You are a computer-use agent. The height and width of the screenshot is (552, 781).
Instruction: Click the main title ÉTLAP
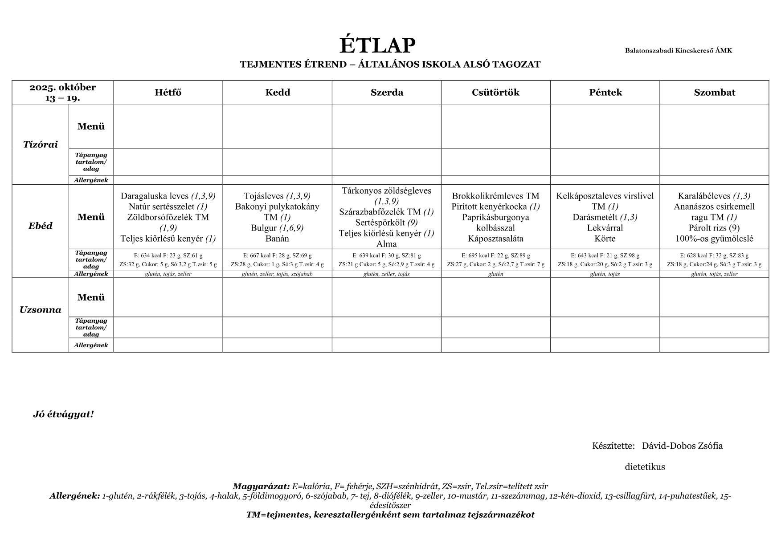click(x=377, y=45)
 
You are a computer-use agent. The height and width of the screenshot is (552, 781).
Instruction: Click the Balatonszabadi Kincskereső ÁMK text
click(x=678, y=50)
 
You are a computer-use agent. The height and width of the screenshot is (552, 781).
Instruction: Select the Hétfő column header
click(x=168, y=93)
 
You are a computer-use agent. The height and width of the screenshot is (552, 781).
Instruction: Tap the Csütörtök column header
click(x=495, y=93)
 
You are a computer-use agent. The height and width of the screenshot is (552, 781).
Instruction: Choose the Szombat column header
click(x=714, y=93)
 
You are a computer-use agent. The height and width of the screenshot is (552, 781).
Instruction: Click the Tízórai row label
click(x=40, y=144)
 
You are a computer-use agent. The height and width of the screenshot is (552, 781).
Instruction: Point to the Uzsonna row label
click(x=40, y=310)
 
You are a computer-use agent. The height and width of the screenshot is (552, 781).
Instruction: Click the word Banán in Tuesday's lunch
click(x=277, y=239)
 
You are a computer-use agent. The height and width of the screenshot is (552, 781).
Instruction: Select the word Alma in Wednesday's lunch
click(x=386, y=244)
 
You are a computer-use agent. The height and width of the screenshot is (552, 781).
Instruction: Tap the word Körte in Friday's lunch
click(x=605, y=239)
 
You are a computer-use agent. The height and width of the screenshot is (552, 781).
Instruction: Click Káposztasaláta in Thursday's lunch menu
click(x=495, y=239)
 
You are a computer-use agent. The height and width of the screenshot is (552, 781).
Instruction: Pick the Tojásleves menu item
click(x=264, y=196)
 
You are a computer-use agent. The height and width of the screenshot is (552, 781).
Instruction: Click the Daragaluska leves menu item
click(x=155, y=196)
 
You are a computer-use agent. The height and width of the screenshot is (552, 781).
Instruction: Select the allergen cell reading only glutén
click(x=495, y=274)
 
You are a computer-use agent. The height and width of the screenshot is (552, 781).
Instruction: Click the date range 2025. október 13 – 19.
click(x=63, y=93)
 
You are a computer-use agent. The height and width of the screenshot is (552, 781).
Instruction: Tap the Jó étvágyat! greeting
click(x=63, y=414)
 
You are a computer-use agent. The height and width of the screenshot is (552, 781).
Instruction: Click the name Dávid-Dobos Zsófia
click(x=682, y=446)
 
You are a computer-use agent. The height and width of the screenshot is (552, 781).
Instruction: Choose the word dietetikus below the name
click(x=645, y=467)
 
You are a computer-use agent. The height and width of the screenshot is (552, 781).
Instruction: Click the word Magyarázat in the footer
click(x=261, y=487)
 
